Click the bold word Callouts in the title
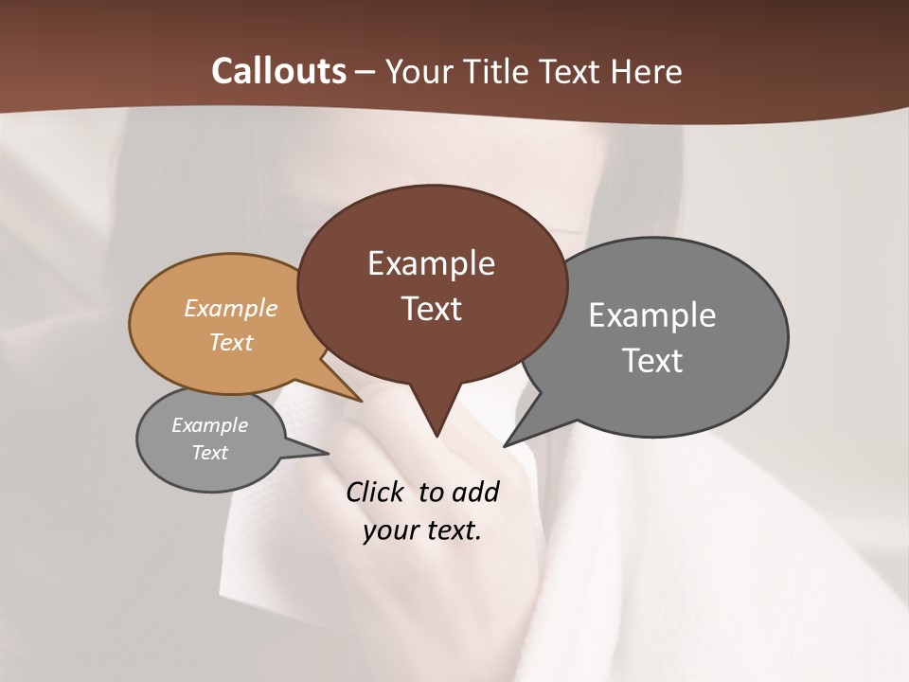[x=278, y=71]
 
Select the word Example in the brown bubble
[x=431, y=263]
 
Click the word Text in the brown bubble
[x=431, y=308]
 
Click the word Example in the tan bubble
[x=231, y=308]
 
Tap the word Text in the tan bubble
[x=231, y=342]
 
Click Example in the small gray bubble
[x=209, y=425]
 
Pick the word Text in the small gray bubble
[x=209, y=453]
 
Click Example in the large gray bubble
[x=651, y=315]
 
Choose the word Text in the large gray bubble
[x=651, y=360]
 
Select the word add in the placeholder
[x=475, y=492]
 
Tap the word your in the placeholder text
[x=388, y=530]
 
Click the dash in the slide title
[x=365, y=71]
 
